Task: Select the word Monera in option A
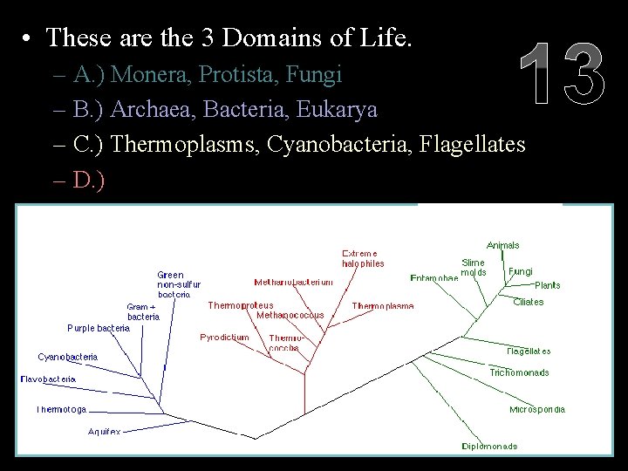pyautogui.click(x=148, y=74)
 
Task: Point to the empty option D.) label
pyautogui.click(x=90, y=179)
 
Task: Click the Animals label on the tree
pyautogui.click(x=503, y=245)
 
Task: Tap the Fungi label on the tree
pyautogui.click(x=520, y=271)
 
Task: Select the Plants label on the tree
pyautogui.click(x=548, y=285)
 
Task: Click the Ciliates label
pyautogui.click(x=528, y=302)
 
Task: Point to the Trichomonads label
pyautogui.click(x=519, y=372)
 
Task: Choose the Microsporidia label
pyautogui.click(x=537, y=409)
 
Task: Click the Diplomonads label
pyautogui.click(x=489, y=446)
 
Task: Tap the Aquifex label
pyautogui.click(x=104, y=431)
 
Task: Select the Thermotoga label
pyautogui.click(x=61, y=409)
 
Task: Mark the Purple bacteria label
pyautogui.click(x=99, y=328)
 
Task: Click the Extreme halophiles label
pyautogui.click(x=362, y=258)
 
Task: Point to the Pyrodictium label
pyautogui.click(x=224, y=337)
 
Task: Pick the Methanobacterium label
pyautogui.click(x=293, y=282)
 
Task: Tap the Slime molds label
pyautogui.click(x=474, y=267)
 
